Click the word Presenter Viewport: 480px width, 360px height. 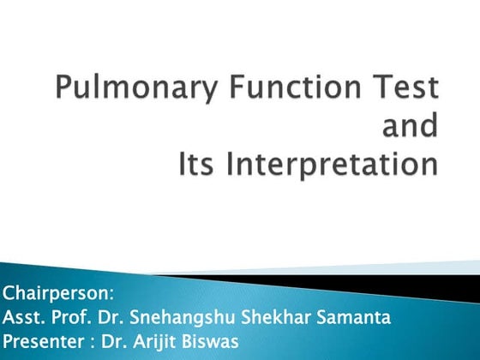pyautogui.click(x=42, y=339)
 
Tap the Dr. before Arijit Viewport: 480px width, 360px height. pyautogui.click(x=113, y=339)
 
